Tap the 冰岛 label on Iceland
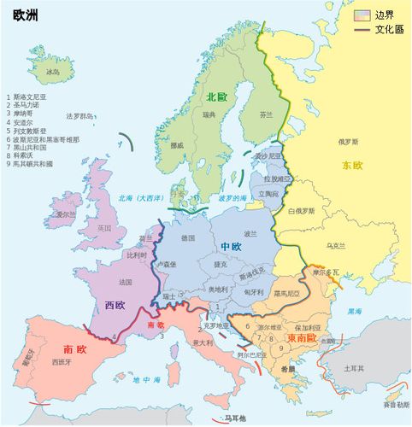point(54,73)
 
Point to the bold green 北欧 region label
point(216,97)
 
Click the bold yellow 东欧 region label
point(352,165)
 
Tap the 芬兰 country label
point(266,114)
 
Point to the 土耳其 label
point(354,369)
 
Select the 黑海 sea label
point(353,312)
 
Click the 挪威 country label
point(177,145)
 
